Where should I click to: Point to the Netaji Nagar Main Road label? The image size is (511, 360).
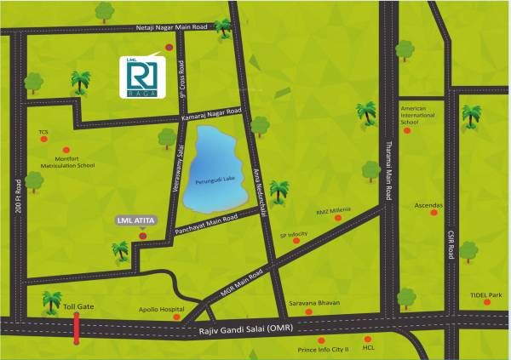(170, 27)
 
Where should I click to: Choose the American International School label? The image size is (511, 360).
(422, 115)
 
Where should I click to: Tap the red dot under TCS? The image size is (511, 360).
(43, 146)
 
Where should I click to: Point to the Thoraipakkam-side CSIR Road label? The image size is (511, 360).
(443, 247)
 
